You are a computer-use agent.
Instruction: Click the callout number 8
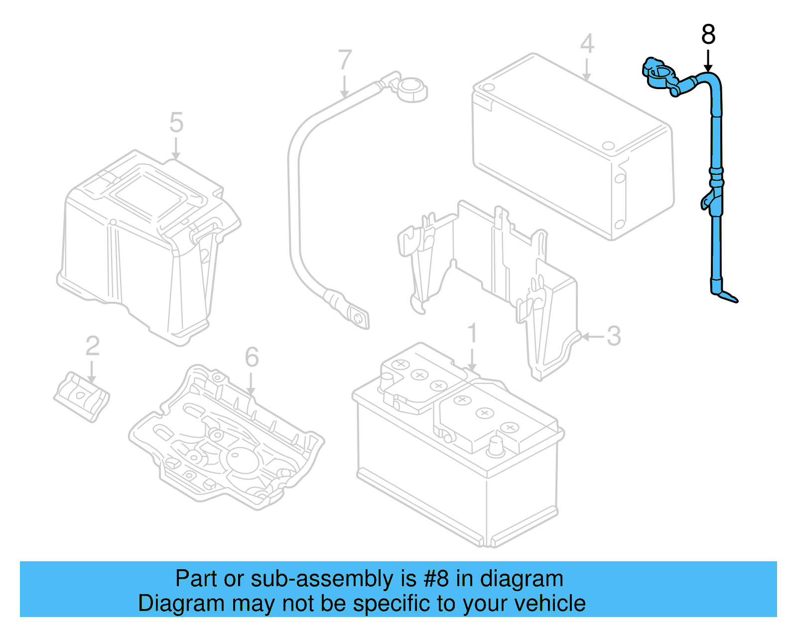pos(708,35)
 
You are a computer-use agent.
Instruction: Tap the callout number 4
pos(587,43)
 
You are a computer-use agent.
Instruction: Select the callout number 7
pos(345,60)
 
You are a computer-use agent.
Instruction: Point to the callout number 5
pos(176,123)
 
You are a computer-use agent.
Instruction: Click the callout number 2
pos(93,346)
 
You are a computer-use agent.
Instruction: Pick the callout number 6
pos(252,357)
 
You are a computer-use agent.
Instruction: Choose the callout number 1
pos(472,333)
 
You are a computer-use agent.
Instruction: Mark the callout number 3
pos(614,336)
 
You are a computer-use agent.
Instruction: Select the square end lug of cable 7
pos(358,318)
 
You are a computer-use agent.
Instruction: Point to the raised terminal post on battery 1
pos(496,446)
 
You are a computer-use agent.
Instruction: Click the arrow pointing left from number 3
pos(592,337)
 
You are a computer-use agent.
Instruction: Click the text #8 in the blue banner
pos(436,579)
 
